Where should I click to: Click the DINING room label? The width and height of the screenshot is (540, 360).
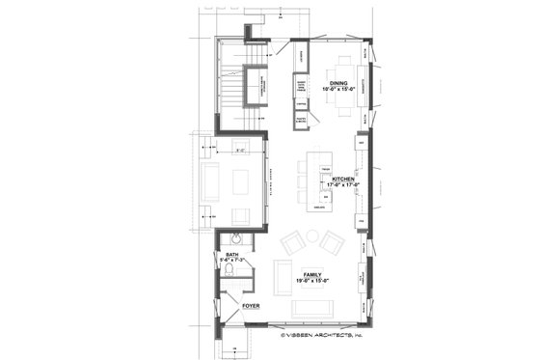click(x=338, y=84)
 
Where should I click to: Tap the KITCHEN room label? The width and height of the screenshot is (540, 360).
click(x=343, y=180)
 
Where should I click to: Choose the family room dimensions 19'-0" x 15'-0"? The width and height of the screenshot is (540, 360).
click(x=313, y=281)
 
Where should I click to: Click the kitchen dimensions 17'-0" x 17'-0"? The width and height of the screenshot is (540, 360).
click(x=343, y=186)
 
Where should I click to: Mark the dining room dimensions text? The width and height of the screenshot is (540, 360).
click(x=338, y=91)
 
